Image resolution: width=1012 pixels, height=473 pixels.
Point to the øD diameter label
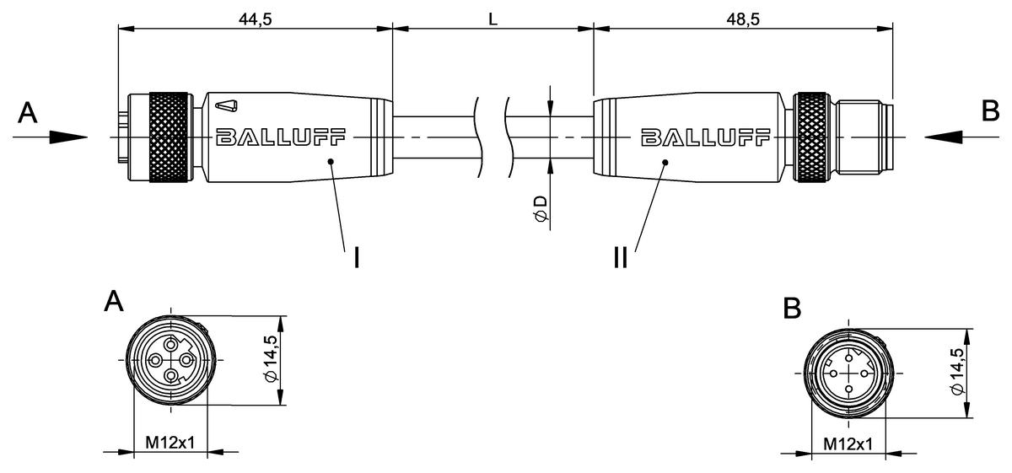tap(541, 210)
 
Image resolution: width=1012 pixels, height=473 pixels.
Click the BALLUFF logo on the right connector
tap(705, 137)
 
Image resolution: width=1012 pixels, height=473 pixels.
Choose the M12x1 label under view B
tap(848, 443)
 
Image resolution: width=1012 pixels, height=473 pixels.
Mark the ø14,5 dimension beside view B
tap(956, 371)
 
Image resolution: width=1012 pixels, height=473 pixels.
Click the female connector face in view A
tap(171, 361)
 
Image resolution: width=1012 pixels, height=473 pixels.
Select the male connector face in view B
tap(848, 372)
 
